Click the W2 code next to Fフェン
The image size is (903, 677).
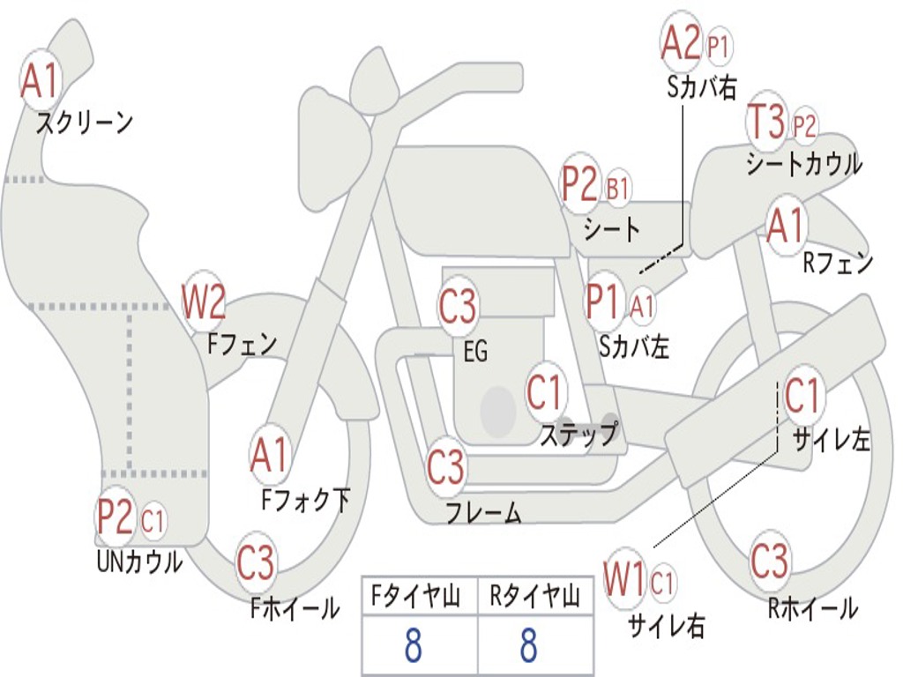point(204,301)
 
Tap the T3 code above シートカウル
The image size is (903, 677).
point(766,121)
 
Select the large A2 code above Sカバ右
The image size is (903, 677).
point(681,42)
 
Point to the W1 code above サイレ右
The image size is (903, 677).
point(623,578)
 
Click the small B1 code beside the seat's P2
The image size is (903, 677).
point(617,187)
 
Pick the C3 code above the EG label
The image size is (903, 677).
point(458,306)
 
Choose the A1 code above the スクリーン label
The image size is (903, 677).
point(41,80)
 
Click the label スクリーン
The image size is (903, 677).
point(85,123)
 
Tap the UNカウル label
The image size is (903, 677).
point(139,562)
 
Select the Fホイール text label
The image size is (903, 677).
point(295,608)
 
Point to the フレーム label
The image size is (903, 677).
point(484,512)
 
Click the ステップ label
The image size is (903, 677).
point(578,434)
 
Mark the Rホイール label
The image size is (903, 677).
point(812,608)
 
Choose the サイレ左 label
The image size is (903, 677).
point(831,441)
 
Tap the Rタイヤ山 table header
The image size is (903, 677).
point(535,595)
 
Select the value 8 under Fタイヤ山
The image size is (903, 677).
point(413,644)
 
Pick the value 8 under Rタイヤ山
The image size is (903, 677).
point(529,644)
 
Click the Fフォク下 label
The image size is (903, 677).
point(305,500)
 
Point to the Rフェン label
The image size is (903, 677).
point(838,263)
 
